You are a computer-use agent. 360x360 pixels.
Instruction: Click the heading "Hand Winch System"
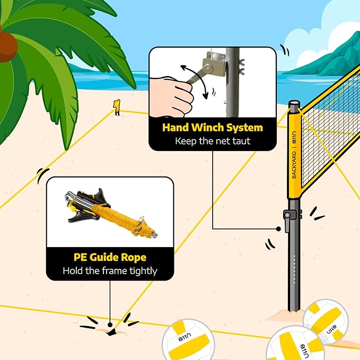[x=212, y=128]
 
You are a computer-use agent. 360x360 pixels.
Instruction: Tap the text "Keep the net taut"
[x=212, y=142]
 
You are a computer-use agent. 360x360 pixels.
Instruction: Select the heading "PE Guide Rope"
[x=110, y=258]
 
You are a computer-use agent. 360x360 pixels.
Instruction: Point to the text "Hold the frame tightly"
[x=110, y=271]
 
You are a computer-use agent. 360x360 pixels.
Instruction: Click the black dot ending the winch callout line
[x=278, y=229]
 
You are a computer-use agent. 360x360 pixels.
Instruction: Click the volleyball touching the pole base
[x=326, y=321]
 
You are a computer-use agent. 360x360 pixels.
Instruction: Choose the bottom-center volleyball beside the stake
[x=189, y=340]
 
